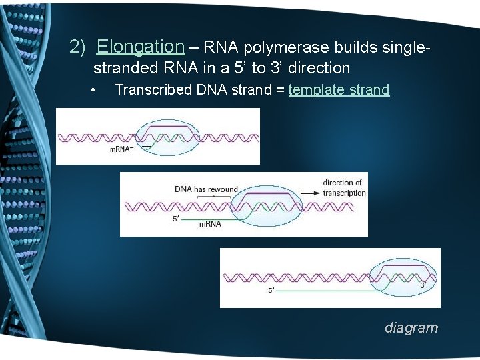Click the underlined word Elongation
click(x=140, y=47)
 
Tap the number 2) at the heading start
click(x=79, y=47)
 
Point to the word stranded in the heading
click(x=125, y=68)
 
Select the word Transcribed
click(x=154, y=90)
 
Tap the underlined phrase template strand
click(x=339, y=90)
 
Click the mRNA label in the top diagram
click(x=119, y=150)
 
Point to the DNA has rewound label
click(x=206, y=189)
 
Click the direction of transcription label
click(x=344, y=188)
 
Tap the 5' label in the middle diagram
click(x=176, y=218)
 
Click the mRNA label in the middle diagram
click(x=210, y=225)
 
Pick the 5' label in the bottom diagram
click(x=271, y=291)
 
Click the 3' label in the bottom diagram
click(x=422, y=285)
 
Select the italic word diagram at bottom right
click(x=411, y=328)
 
